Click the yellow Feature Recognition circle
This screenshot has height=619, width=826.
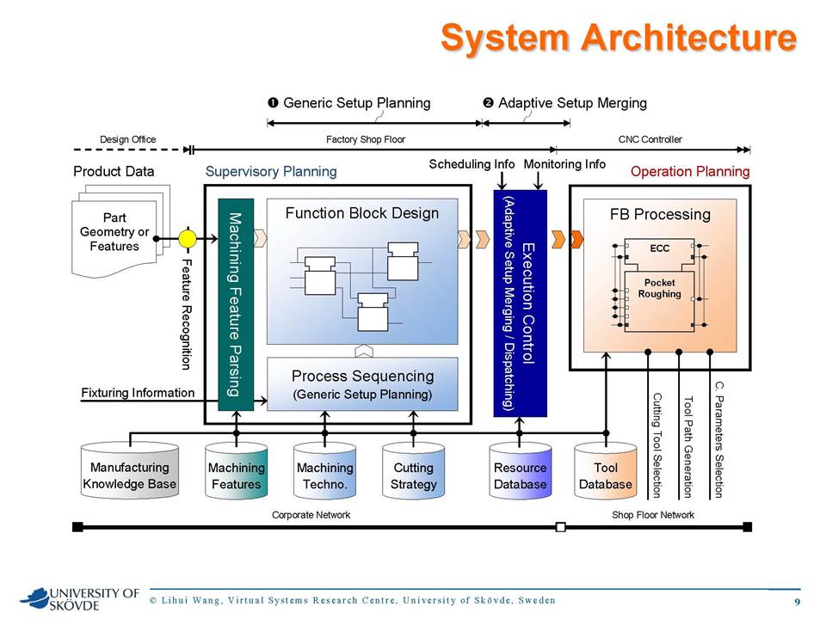pos(187,238)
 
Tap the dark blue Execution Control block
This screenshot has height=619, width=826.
pos(520,303)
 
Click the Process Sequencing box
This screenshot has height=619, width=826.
pos(362,384)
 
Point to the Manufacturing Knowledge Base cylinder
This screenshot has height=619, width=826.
pos(130,470)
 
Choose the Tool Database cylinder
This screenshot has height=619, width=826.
pos(606,470)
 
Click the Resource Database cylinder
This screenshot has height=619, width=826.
pos(520,470)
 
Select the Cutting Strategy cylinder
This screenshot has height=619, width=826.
pos(414,470)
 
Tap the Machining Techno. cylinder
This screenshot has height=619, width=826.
pos(324,470)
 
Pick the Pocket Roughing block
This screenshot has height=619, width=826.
pos(660,301)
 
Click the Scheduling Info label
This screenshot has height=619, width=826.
pos(472,164)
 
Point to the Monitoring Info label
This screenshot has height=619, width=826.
pos(564,164)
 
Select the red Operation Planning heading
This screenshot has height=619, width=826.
pos(690,172)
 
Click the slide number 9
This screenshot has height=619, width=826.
pos(797,602)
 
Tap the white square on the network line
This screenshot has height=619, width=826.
pos(561,527)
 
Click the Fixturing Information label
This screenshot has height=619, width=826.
pos(138,393)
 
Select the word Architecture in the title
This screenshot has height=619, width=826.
pos(689,38)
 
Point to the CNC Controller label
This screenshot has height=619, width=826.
pos(650,139)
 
